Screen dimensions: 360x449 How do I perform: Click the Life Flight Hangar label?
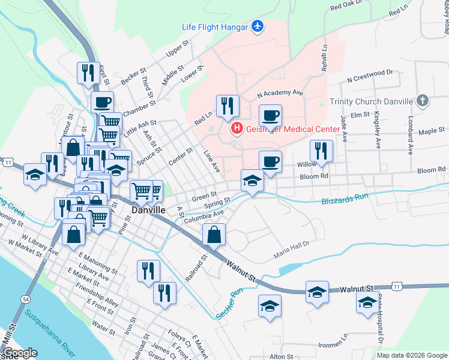pyautogui.click(x=214, y=26)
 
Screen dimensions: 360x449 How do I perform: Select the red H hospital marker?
pyautogui.click(x=237, y=128)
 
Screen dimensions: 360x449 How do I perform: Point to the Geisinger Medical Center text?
pyautogui.click(x=292, y=129)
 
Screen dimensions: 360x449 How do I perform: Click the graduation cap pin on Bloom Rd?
pyautogui.click(x=252, y=181)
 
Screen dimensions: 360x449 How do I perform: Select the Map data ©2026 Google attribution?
pyautogui.click(x=411, y=355)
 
